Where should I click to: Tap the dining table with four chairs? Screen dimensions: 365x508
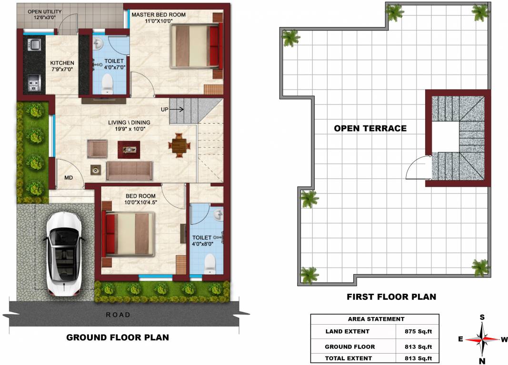[x=179, y=145]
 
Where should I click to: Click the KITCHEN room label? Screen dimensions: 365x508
[x=62, y=63]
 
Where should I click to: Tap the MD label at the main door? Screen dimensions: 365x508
[x=69, y=178]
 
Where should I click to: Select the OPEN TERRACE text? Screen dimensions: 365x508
[x=370, y=128]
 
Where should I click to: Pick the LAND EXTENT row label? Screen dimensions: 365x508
[x=347, y=331]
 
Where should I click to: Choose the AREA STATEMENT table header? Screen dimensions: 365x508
[x=376, y=319]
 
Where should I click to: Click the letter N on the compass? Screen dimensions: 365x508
[x=482, y=361]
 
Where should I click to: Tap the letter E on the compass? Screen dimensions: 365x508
[x=461, y=339]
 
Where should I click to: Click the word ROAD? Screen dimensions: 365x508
[x=118, y=315]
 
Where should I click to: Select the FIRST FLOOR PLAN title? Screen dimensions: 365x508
[x=391, y=297]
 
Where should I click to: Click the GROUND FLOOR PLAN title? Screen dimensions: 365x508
[x=117, y=337]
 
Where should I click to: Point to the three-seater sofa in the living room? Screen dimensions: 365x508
[x=129, y=171]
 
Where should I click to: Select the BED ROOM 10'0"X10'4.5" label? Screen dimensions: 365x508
[x=140, y=199]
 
